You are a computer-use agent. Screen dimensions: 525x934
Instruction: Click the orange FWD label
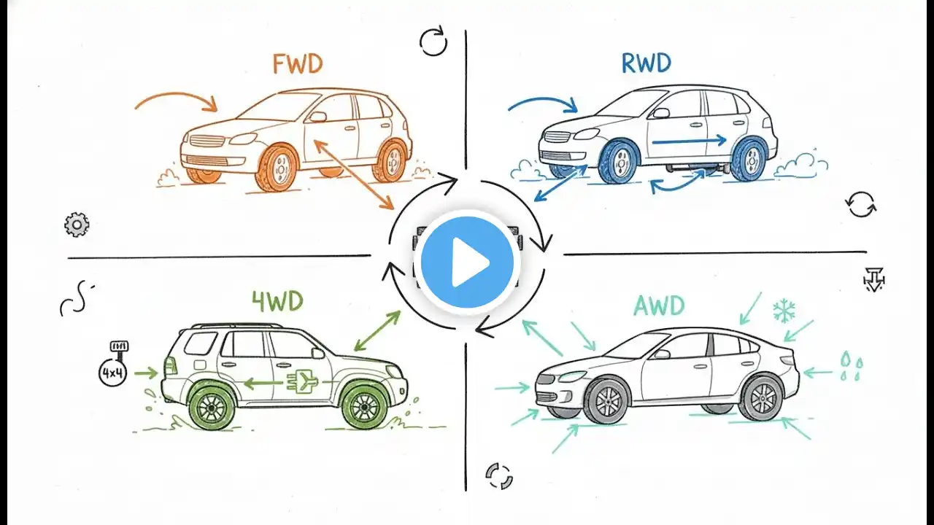297,64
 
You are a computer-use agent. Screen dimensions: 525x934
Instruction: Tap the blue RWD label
646,64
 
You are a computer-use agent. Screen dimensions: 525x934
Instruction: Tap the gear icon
76,225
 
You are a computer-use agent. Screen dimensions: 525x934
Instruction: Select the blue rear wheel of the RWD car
749,158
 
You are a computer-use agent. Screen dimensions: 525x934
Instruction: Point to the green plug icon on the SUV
301,383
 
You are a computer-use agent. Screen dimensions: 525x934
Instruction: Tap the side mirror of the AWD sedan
661,354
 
